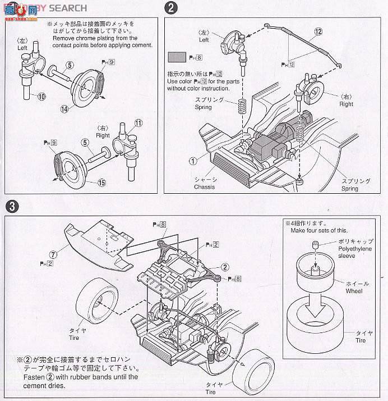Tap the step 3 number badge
pos(11,206)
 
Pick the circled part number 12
pos(318,31)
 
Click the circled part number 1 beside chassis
pos(193,160)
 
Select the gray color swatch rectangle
pos(177,57)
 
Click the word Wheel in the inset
pos(354,291)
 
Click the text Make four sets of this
pos(319,231)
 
